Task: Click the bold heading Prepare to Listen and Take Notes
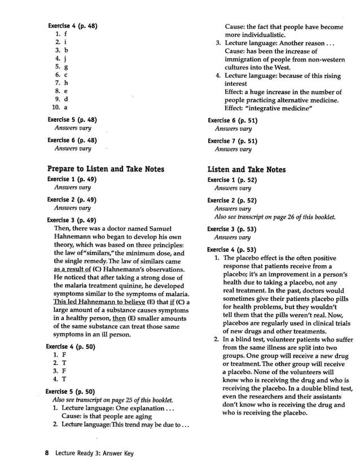click(x=106, y=169)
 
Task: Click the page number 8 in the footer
click(x=47, y=453)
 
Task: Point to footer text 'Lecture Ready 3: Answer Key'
click(x=95, y=453)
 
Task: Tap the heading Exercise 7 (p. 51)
click(x=232, y=141)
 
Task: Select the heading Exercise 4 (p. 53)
click(x=231, y=249)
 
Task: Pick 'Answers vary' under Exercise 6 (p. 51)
click(x=233, y=129)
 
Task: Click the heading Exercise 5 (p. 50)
click(x=71, y=391)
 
